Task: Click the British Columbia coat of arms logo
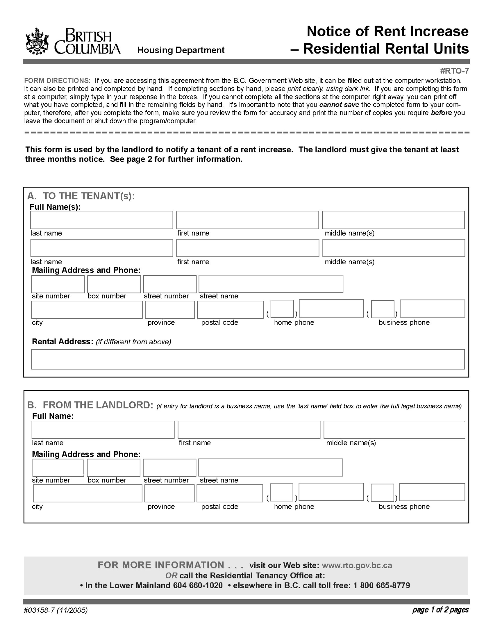click(37, 42)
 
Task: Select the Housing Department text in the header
click(181, 50)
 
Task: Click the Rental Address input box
click(248, 359)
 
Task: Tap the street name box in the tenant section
click(271, 284)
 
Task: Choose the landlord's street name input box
click(270, 468)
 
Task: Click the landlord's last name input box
click(103, 430)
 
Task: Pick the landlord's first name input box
click(249, 430)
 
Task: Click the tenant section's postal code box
click(230, 310)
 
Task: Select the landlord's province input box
click(169, 493)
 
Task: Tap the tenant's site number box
click(58, 284)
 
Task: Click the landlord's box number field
click(113, 468)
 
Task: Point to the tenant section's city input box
click(87, 310)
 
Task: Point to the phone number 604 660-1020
click(198, 585)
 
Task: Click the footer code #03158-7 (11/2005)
click(56, 610)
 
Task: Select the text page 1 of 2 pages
click(440, 610)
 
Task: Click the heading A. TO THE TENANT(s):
click(81, 196)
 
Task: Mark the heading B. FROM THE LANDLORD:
click(90, 405)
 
